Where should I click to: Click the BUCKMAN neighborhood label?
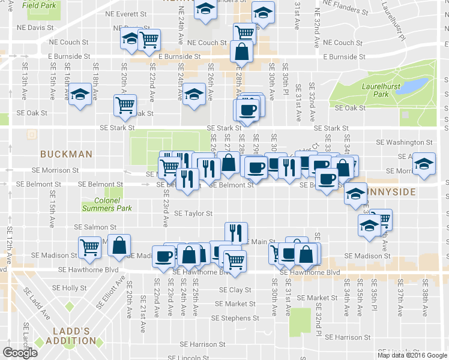tap(66, 154)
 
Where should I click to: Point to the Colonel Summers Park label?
tap(107, 205)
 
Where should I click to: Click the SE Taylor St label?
tap(193, 213)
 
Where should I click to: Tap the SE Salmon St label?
tap(95, 227)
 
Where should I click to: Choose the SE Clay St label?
tap(235, 289)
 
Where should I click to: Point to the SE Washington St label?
tap(404, 143)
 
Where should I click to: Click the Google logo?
tap(20, 352)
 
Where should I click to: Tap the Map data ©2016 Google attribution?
tap(412, 355)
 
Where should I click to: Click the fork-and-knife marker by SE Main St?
tap(236, 232)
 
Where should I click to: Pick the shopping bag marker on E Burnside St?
tap(241, 52)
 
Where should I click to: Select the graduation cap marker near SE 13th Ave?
tap(79, 95)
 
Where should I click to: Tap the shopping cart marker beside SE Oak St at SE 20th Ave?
tap(125, 105)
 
